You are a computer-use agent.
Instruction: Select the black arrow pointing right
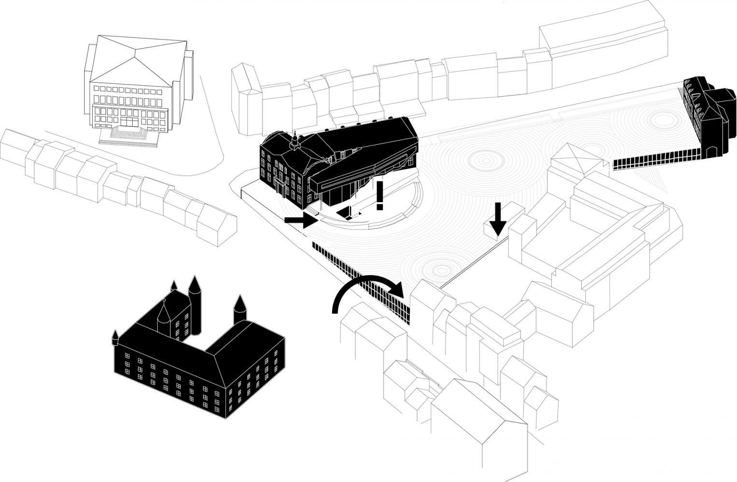[x=300, y=220]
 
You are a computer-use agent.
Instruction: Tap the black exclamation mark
[x=380, y=193]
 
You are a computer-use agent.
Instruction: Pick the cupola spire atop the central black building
[x=293, y=140]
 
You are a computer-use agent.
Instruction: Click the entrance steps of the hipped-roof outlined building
[x=129, y=134]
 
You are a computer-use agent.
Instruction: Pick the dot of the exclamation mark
[x=380, y=207]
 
